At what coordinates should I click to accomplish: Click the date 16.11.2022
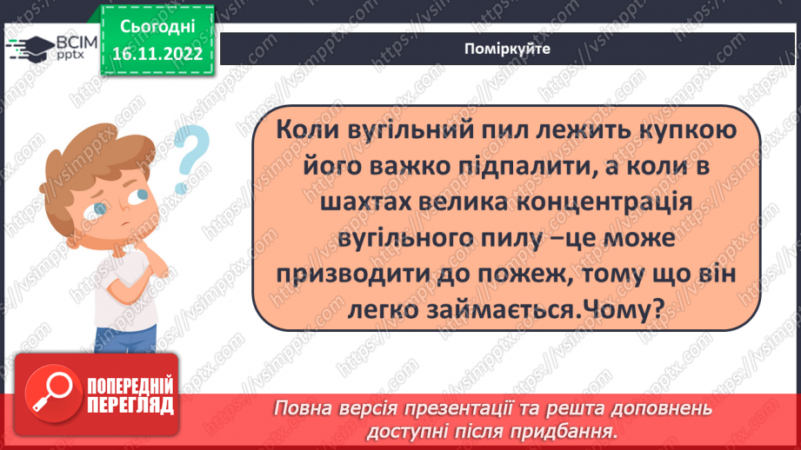point(157,52)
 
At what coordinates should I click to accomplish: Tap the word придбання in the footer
point(571,430)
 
